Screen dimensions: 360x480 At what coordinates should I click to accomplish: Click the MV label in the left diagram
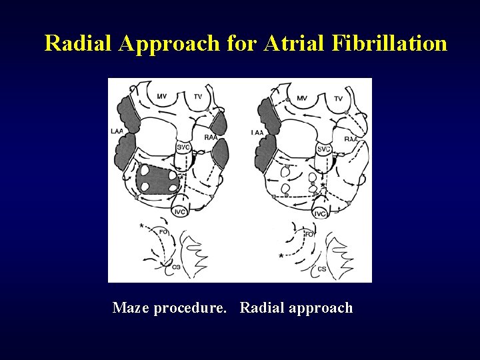click(x=162, y=97)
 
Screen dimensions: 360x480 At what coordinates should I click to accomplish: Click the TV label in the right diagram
click(x=339, y=98)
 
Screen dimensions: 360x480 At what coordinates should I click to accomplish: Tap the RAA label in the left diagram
click(x=211, y=137)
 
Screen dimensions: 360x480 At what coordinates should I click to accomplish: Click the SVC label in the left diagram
click(x=183, y=147)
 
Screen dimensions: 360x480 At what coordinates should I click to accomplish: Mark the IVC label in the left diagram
click(x=179, y=211)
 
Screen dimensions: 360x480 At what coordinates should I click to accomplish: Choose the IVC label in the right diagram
click(x=320, y=213)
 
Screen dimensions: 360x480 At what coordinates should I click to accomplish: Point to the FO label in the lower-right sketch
click(x=309, y=234)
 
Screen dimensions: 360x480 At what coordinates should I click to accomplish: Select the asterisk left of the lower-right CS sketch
click(x=281, y=256)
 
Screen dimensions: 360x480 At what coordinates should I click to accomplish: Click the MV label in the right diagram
click(x=302, y=98)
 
